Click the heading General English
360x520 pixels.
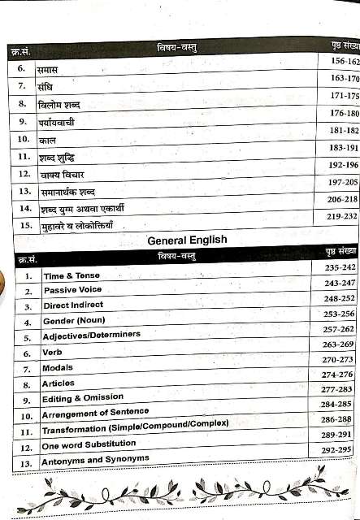click(x=187, y=240)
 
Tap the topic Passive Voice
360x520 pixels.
click(x=73, y=290)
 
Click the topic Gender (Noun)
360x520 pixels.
click(x=74, y=320)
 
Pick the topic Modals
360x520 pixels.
click(x=58, y=367)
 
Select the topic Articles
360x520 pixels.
click(x=59, y=383)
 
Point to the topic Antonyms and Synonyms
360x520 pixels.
click(x=96, y=460)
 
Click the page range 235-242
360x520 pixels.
click(x=340, y=267)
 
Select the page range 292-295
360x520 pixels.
click(x=336, y=449)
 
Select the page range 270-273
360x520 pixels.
click(x=338, y=359)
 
